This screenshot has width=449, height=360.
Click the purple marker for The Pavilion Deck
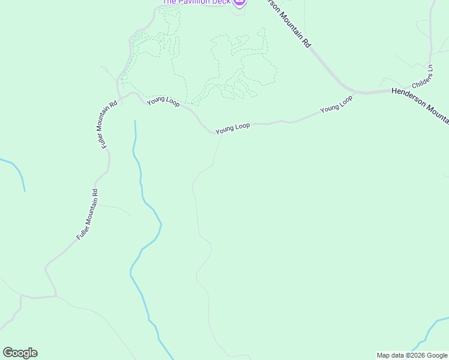click(240, 2)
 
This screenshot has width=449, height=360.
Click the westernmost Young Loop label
click(163, 102)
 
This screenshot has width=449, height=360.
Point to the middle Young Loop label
click(232, 128)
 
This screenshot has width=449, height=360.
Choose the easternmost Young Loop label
click(336, 104)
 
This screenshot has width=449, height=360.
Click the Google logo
click(20, 353)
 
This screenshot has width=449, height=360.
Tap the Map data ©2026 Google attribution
click(412, 355)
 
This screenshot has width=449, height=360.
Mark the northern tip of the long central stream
click(135, 121)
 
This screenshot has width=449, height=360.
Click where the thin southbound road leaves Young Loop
click(222, 134)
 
